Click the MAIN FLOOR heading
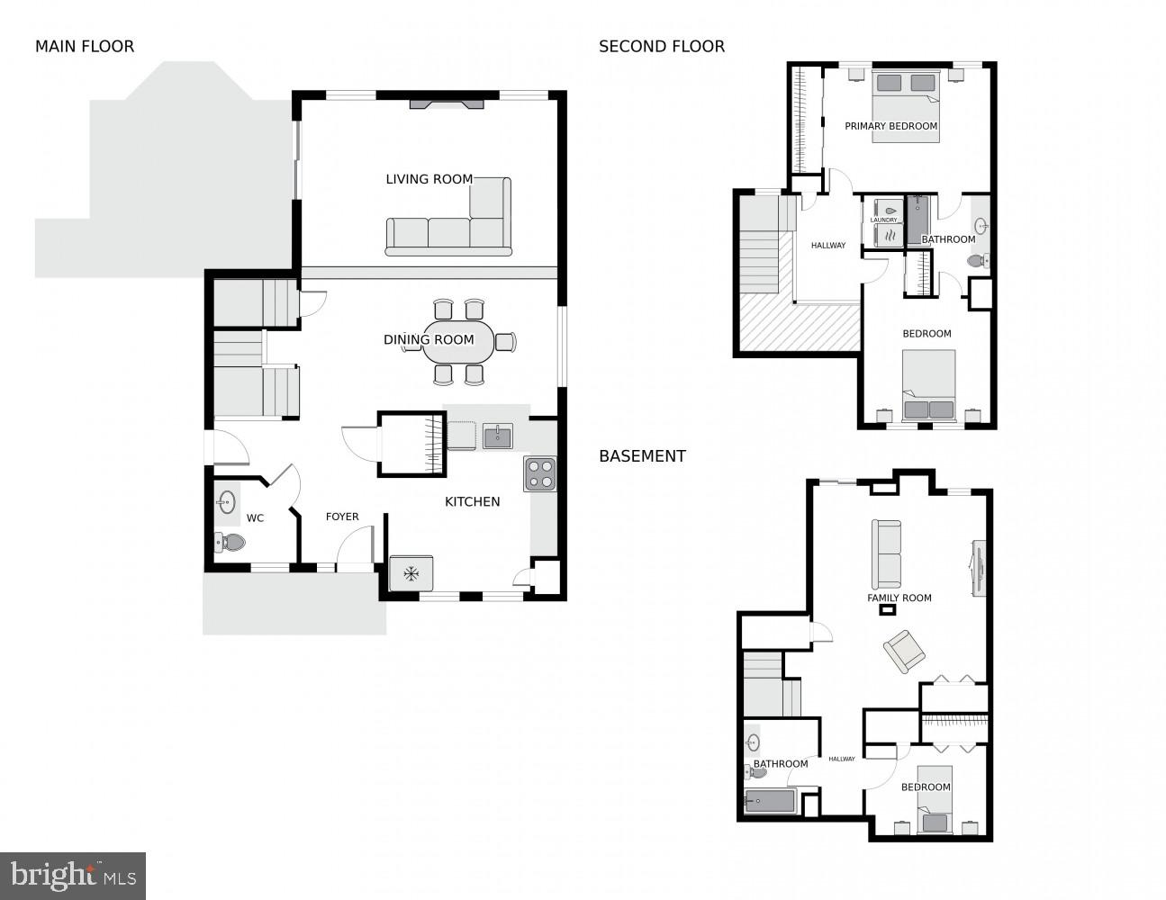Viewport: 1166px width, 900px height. tap(85, 47)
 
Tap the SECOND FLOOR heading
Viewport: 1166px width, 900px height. tap(661, 47)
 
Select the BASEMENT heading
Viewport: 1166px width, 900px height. tap(642, 456)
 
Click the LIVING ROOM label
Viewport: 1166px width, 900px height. tap(429, 179)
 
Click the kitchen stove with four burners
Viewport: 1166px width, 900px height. tap(539, 473)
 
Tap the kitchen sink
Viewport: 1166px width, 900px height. tap(497, 436)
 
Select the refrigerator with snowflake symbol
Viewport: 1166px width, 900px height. tap(411, 573)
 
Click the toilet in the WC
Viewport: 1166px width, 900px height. tap(230, 542)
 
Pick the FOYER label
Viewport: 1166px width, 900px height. tap(342, 517)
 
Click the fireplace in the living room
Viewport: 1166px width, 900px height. tap(447, 104)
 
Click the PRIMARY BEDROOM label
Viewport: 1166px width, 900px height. tap(890, 127)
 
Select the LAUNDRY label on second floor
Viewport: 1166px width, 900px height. tap(883, 220)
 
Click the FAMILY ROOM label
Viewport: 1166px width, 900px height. tap(899, 598)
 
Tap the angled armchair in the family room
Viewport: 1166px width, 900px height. tap(903, 650)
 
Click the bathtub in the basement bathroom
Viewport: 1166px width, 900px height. tap(770, 800)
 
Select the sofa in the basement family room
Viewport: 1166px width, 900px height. tap(886, 553)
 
